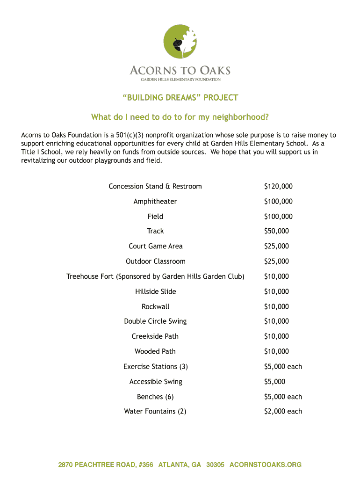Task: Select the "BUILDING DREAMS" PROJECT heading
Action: pos(180,98)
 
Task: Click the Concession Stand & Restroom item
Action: pos(155,186)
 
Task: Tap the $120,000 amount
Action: pos(278,186)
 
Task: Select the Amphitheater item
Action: pos(155,202)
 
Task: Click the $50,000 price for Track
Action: pos(276,231)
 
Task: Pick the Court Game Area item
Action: pos(156,246)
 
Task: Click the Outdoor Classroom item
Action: pos(156,261)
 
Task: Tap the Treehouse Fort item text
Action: pos(155,276)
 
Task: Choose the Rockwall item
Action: pos(156,307)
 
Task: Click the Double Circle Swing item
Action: pos(155,321)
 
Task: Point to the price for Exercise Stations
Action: pos(283,367)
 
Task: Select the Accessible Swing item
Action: pos(156,382)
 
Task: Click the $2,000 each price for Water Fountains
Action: pos(283,412)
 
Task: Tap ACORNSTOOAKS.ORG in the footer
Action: pos(266,464)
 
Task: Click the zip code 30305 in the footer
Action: pos(215,464)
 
